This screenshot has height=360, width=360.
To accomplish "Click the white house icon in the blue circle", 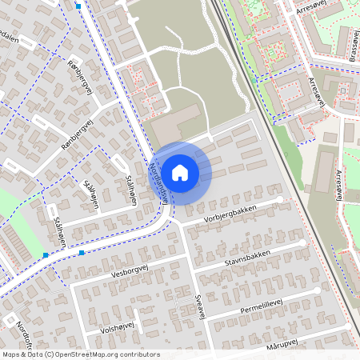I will click(x=180, y=171).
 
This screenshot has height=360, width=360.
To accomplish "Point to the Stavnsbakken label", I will click(x=247, y=257).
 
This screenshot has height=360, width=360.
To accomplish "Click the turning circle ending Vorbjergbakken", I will click(x=281, y=199).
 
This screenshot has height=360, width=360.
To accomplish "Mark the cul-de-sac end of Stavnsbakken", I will click(x=302, y=242).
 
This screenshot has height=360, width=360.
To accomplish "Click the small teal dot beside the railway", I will click(x=254, y=80).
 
